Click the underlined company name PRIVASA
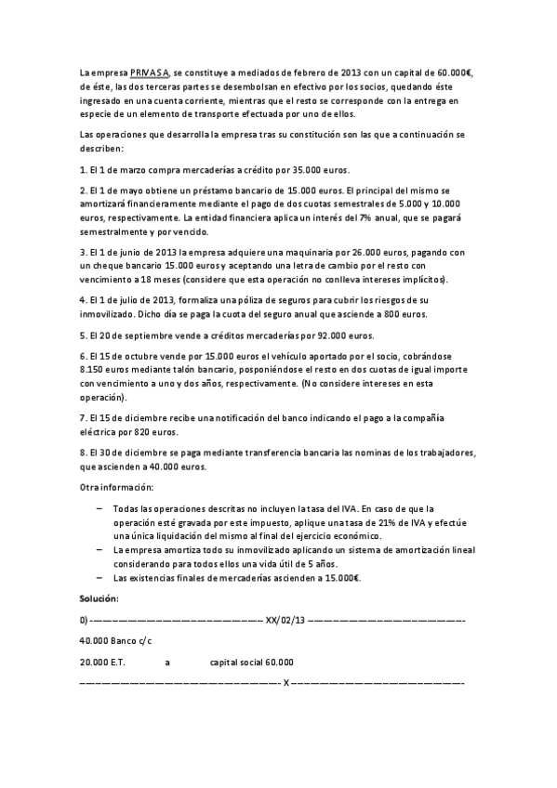149,72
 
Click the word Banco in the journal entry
121,641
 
